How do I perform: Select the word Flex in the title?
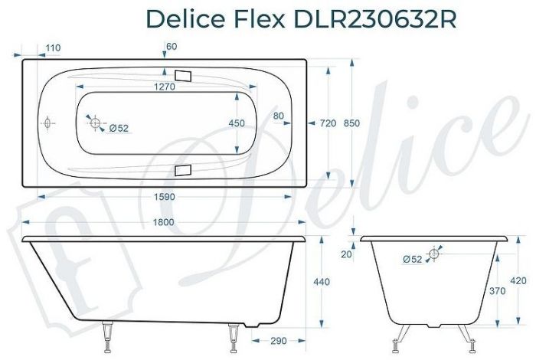click(x=256, y=19)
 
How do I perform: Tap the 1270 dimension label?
click(x=163, y=87)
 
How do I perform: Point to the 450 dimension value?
click(x=237, y=123)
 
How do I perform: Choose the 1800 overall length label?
click(x=163, y=222)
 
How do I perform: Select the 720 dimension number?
click(x=328, y=123)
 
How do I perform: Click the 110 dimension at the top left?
click(x=53, y=48)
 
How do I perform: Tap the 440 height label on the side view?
click(x=322, y=283)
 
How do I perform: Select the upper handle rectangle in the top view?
click(x=184, y=76)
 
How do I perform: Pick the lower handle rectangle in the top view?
click(x=184, y=170)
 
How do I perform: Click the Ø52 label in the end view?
click(x=412, y=260)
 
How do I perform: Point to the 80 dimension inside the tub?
click(x=278, y=116)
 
